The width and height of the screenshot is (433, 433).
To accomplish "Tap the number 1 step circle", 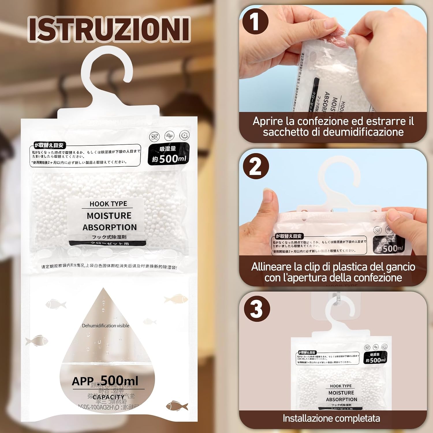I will [255, 22].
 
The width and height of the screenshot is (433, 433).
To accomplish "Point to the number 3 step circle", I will [257, 309].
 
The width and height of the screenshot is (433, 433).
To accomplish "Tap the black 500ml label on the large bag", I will [169, 154].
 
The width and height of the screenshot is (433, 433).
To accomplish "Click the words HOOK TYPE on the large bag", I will [108, 204].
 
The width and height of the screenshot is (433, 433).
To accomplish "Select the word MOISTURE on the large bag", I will [109, 216].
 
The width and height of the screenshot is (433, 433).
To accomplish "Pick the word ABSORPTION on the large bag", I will [110, 227].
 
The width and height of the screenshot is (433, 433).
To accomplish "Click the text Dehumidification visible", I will [106, 326].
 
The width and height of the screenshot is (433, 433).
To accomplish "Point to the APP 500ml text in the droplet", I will [105, 381].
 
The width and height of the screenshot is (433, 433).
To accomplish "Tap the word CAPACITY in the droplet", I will [108, 397].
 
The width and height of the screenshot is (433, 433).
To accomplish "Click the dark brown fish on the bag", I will [177, 406].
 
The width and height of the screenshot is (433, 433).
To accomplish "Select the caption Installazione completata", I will [331, 418].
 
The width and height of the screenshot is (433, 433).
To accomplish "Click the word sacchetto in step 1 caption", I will [291, 132].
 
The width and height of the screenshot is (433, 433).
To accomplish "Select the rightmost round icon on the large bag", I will [184, 135].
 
